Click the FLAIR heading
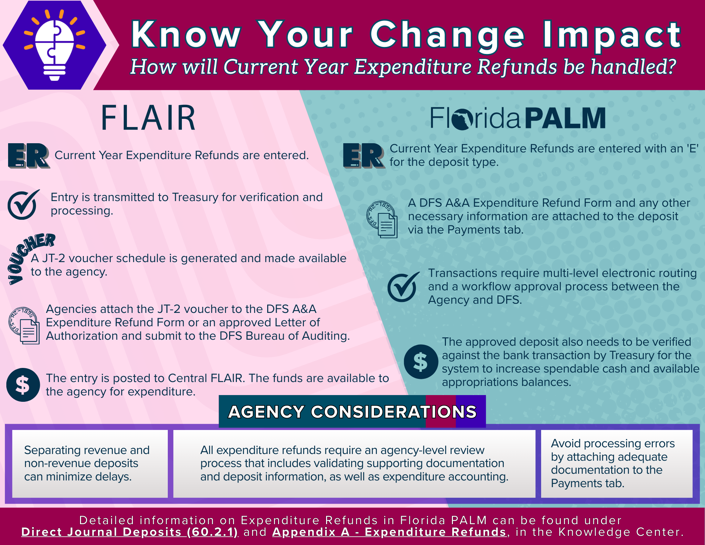pos(148,118)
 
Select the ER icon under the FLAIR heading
pos(29,156)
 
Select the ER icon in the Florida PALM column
pos(364,156)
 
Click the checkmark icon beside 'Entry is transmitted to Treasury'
pos(23,205)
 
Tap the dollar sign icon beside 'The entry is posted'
pos(23,385)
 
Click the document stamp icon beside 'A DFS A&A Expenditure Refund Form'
pos(382,219)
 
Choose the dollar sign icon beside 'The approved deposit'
pos(421,362)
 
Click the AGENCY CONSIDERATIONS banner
pos(352,411)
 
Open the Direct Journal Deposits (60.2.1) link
pos(130,532)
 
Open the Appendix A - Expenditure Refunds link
pos(389,532)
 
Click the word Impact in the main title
pos(612,35)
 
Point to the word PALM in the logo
pos(565,119)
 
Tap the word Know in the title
pos(186,34)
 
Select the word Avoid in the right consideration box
pos(566,443)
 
